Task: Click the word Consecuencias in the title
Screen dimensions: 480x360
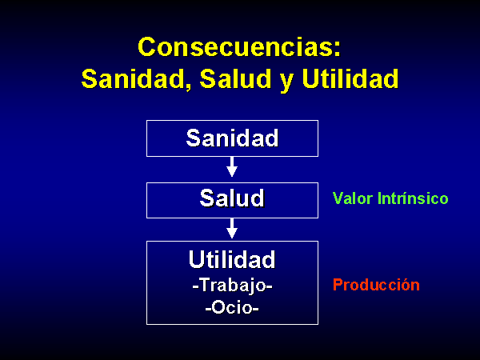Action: [236, 47]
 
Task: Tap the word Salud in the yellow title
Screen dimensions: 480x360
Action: [235, 78]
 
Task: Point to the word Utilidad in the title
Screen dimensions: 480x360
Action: [350, 78]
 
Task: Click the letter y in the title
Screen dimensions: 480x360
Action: [286, 82]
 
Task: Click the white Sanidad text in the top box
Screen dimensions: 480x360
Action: [232, 138]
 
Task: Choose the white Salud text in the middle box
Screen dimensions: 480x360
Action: [232, 198]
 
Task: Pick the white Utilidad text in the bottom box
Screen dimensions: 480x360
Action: [232, 259]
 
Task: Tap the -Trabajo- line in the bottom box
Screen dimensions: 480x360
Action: [232, 286]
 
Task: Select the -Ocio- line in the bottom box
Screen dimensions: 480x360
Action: [232, 307]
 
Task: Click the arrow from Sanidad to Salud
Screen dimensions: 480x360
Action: [232, 167]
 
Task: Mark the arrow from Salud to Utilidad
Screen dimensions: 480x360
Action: [232, 228]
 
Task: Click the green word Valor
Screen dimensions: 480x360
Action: [352, 198]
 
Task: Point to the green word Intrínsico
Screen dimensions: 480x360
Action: [413, 198]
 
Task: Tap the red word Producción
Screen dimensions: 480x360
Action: [376, 285]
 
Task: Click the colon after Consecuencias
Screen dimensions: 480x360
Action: [337, 50]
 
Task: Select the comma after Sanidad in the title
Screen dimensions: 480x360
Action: [188, 86]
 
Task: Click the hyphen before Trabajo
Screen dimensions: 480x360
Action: [196, 287]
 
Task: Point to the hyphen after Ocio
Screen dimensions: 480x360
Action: [256, 309]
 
